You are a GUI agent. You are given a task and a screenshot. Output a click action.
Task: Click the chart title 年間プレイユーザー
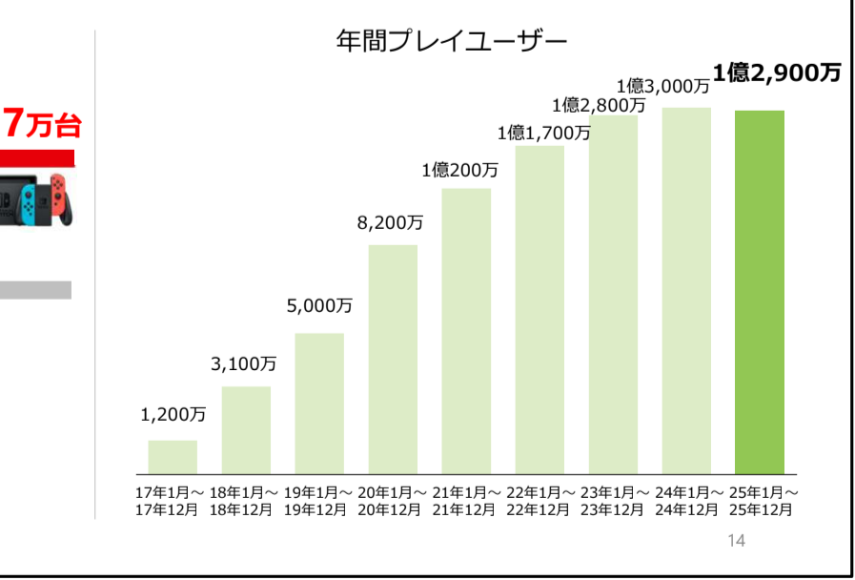[x=452, y=42]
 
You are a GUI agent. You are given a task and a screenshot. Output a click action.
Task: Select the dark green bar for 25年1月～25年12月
[x=760, y=293]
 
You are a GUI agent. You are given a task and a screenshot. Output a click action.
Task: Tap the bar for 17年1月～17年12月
[x=173, y=457]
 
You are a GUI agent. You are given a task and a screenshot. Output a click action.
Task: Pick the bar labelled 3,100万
[x=246, y=430]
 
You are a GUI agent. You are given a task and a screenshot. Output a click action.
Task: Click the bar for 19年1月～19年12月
[x=319, y=404]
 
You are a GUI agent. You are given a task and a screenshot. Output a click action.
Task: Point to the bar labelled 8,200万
[x=393, y=360]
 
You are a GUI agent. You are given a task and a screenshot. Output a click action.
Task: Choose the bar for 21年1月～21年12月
[x=466, y=331]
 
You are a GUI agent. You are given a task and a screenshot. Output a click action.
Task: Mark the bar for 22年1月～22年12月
[x=539, y=310]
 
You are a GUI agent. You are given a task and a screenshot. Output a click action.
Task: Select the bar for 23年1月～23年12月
[x=614, y=295]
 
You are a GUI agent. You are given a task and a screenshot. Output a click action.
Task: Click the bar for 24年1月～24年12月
[x=686, y=291]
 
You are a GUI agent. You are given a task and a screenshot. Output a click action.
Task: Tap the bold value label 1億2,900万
[x=777, y=73]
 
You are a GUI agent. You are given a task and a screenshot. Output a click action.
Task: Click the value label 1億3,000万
[x=663, y=86]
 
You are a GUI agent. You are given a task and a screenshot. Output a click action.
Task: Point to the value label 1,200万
[x=173, y=415]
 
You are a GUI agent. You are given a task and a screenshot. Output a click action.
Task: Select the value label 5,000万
[x=319, y=306]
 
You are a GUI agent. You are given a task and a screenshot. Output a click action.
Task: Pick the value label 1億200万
[x=459, y=171]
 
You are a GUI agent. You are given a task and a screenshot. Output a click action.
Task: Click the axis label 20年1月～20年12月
[x=392, y=502]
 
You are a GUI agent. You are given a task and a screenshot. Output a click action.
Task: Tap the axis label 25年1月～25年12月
[x=763, y=502]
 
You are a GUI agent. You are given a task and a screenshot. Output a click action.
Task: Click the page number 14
[x=736, y=541]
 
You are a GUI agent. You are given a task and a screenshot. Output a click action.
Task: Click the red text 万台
[x=53, y=126]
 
